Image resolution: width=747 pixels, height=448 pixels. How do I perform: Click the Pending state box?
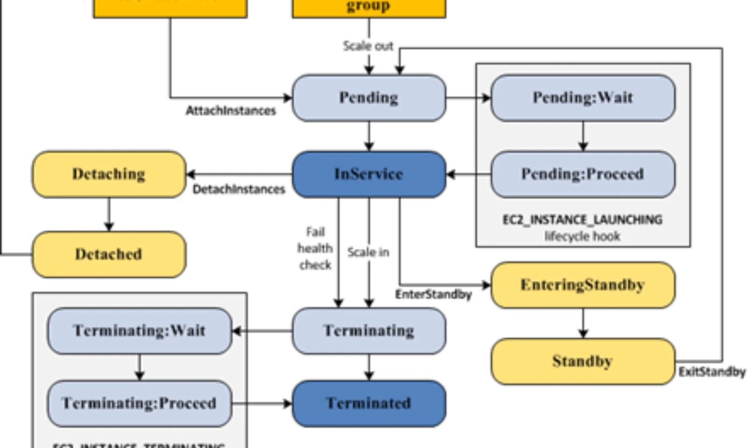click(369, 98)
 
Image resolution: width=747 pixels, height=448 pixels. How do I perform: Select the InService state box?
click(369, 174)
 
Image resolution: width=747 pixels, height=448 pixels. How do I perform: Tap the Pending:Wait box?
click(583, 98)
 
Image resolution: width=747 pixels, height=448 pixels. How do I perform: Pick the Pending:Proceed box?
click(583, 174)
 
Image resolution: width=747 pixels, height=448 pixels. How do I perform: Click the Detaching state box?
click(109, 174)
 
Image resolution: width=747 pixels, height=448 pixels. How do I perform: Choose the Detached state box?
click(109, 254)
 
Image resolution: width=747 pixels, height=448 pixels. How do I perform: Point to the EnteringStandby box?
click(583, 285)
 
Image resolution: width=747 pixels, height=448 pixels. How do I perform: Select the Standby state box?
click(583, 361)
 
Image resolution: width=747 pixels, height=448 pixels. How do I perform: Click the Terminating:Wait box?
click(139, 331)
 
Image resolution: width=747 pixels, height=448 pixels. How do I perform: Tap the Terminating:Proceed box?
click(139, 403)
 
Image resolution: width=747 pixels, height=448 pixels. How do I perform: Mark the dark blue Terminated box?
click(369, 403)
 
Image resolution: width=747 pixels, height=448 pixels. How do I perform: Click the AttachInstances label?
click(231, 111)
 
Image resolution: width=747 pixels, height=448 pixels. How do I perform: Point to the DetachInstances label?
click(239, 189)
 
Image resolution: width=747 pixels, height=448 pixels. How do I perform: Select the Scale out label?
click(368, 46)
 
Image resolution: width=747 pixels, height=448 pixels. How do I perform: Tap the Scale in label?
click(368, 252)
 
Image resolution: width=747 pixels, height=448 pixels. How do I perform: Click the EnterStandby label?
click(433, 294)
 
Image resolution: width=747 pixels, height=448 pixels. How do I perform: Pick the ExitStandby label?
click(712, 372)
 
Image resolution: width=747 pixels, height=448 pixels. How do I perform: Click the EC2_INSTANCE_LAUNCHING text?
click(582, 220)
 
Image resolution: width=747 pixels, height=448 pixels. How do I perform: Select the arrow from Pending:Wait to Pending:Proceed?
click(583, 136)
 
